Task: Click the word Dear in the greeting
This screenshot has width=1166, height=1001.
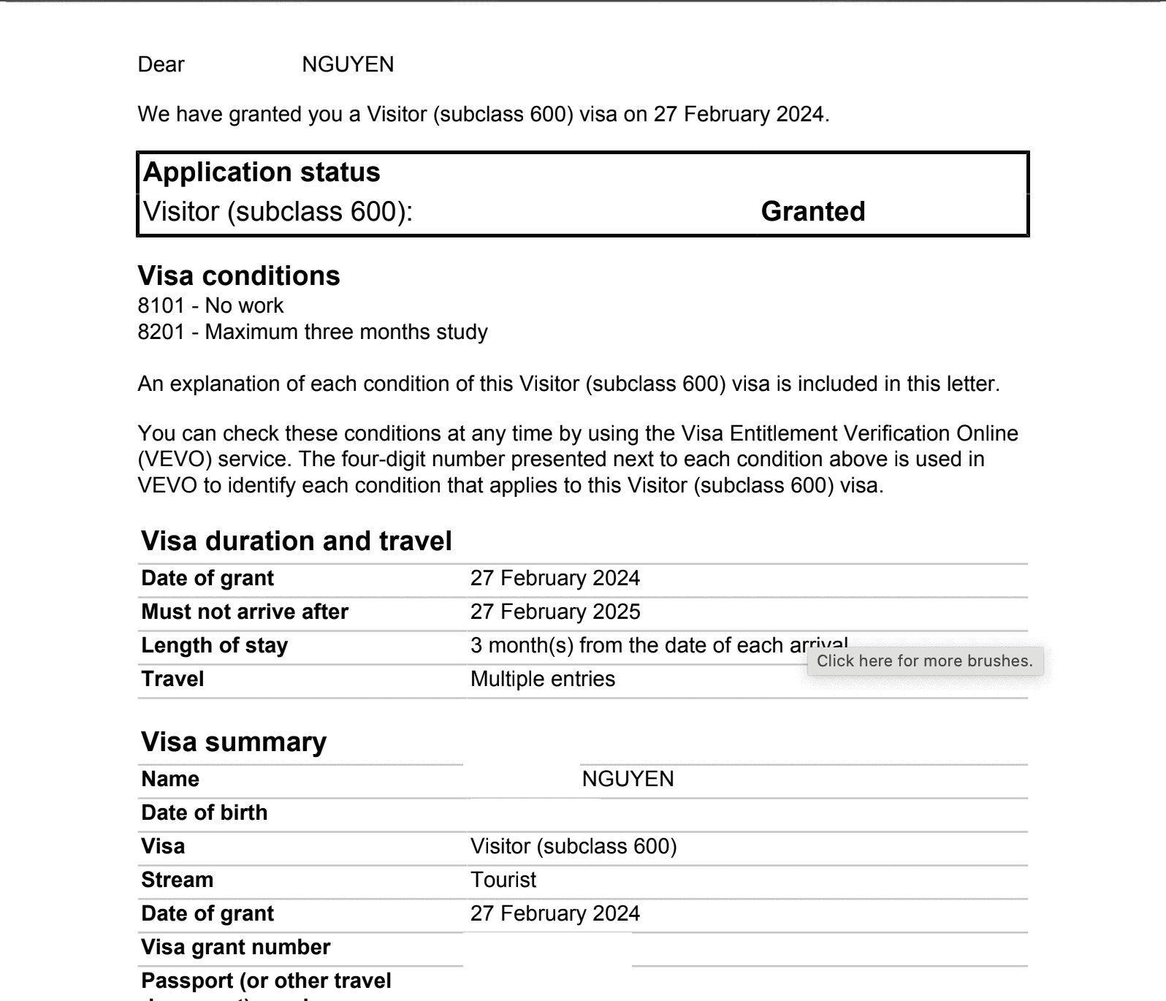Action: [x=161, y=64]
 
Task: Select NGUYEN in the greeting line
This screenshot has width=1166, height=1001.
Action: [x=348, y=64]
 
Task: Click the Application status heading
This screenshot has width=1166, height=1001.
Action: [x=262, y=172]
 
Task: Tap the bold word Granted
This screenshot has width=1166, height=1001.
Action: [x=812, y=211]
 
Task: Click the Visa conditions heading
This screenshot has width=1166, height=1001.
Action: [x=239, y=275]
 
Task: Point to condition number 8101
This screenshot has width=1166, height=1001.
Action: [x=161, y=305]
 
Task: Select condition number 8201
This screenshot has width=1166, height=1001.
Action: [x=161, y=332]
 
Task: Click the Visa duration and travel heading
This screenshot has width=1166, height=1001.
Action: [x=296, y=541]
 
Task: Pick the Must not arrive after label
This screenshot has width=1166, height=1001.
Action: [x=245, y=612]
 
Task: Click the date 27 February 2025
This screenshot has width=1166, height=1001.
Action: [x=555, y=612]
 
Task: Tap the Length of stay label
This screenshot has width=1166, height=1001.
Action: [x=214, y=645]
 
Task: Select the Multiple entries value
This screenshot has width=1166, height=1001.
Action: [x=543, y=679]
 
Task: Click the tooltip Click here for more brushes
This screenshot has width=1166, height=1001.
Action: [x=924, y=661]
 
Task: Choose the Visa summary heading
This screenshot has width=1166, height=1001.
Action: [x=234, y=742]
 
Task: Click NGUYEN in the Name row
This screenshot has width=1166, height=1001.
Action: [x=628, y=779]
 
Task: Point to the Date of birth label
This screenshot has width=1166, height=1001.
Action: [x=204, y=812]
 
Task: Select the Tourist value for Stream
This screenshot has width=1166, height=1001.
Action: [x=503, y=880]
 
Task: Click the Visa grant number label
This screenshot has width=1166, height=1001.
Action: [x=235, y=947]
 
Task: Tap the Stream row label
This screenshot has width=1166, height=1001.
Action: [x=177, y=880]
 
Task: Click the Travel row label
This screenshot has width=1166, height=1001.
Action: [x=172, y=679]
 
